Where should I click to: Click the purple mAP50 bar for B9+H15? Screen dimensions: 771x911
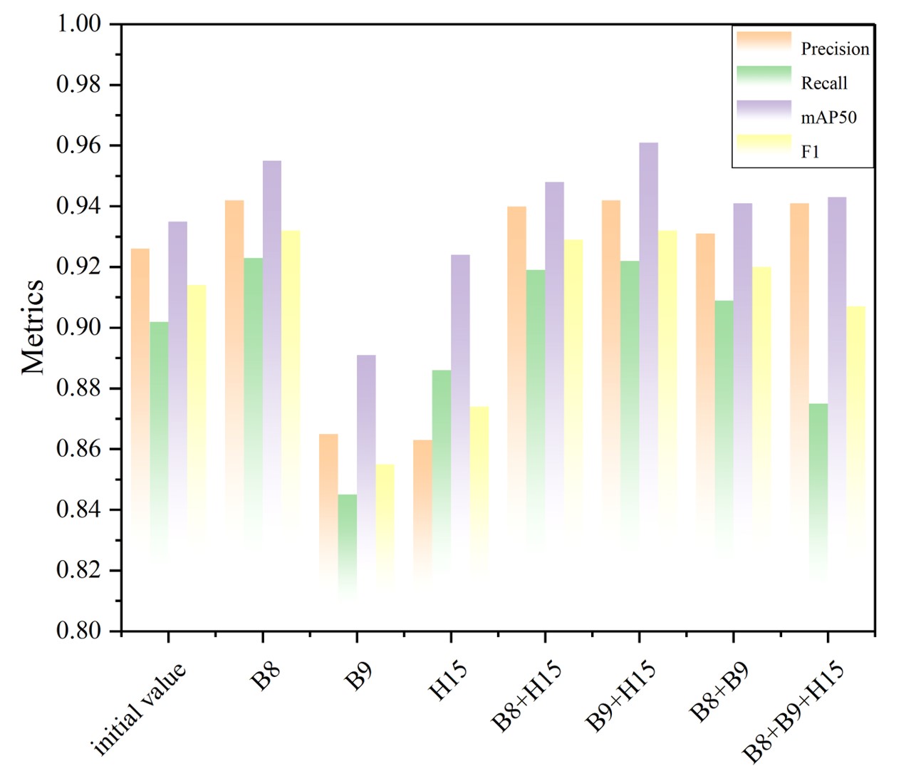pyautogui.click(x=648, y=321)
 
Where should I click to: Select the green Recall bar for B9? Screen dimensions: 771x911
pyautogui.click(x=347, y=542)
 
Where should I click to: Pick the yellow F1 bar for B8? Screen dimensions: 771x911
pyautogui.click(x=291, y=371)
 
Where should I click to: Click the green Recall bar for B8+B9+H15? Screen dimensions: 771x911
pyautogui.click(x=818, y=485)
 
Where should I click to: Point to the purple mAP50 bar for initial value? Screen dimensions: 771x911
pyautogui.click(x=177, y=371)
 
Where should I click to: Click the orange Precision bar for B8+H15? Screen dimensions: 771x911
pyautogui.click(x=516, y=356)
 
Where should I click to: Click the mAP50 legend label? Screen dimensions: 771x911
pyautogui.click(x=828, y=118)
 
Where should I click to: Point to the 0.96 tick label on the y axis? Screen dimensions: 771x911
pyautogui.click(x=78, y=146)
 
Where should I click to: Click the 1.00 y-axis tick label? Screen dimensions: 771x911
pyautogui.click(x=78, y=24)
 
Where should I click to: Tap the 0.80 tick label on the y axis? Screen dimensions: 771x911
pyautogui.click(x=78, y=631)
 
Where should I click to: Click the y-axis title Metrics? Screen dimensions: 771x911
pyautogui.click(x=33, y=326)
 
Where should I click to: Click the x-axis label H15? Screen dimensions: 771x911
pyautogui.click(x=448, y=681)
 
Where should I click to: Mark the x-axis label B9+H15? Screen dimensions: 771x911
pyautogui.click(x=620, y=695)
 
